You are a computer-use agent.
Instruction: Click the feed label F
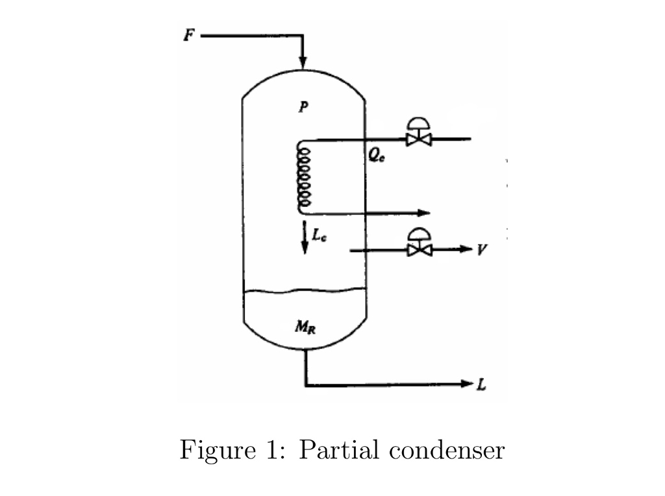pos(188,36)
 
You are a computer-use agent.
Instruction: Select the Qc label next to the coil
pos(376,157)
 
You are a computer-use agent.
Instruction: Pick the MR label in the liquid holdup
pos(304,327)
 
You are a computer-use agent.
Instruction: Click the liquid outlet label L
pos(481,386)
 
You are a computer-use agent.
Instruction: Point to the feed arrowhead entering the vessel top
pos(303,62)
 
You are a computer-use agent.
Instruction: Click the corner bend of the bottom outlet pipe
pos(306,385)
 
